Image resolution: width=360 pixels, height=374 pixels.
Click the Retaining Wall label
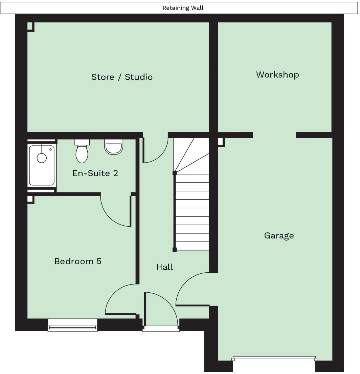tap(183, 8)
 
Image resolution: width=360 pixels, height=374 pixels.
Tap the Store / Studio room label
tap(122, 77)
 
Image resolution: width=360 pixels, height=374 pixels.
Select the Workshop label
tap(277, 75)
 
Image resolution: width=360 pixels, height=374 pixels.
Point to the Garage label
tap(279, 235)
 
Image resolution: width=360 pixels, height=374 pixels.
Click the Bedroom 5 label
tap(78, 261)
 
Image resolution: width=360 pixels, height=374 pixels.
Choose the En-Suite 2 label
tap(95, 173)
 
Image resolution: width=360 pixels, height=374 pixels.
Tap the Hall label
tap(164, 267)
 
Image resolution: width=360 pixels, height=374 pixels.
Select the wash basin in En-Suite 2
tap(113, 147)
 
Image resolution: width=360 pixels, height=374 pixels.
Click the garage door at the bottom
tap(274, 358)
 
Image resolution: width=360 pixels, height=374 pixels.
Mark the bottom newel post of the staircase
tap(175, 250)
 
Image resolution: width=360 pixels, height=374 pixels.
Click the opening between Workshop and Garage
tap(274, 135)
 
